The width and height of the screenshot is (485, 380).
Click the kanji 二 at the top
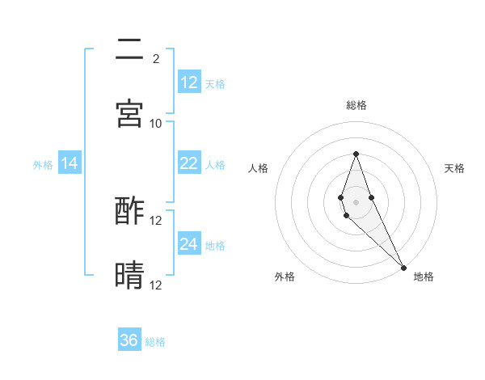129,49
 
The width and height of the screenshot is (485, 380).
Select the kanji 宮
129,114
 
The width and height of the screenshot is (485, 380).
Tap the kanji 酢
129,211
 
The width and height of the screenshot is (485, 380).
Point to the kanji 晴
129,276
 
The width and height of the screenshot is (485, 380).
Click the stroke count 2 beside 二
155,58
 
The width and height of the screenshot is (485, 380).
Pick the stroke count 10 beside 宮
156,123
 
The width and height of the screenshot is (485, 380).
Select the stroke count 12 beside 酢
156,220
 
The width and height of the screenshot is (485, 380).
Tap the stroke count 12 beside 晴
156,285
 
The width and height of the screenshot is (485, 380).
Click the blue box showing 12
189,82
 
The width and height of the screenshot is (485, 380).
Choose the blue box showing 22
189,163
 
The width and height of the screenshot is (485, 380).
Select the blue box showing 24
189,244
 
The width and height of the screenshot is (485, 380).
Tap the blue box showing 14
70,163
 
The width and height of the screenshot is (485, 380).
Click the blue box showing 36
129,340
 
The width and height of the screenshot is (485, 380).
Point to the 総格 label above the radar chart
356,105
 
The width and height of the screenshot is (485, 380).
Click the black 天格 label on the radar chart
455,168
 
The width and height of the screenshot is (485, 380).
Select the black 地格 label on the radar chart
424,277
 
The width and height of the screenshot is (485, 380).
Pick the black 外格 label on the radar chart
285,277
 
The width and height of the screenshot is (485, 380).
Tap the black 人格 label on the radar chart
258,168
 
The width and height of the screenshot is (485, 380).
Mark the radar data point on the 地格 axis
403,267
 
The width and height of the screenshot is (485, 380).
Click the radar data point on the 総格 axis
356,154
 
